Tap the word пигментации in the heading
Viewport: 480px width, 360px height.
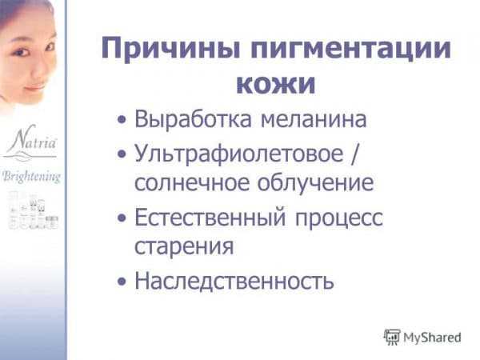point(351,49)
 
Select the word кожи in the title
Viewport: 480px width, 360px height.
point(276,83)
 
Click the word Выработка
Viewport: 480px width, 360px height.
point(193,119)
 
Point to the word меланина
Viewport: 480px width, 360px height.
point(314,119)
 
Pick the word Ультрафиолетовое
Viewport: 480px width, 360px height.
point(239,154)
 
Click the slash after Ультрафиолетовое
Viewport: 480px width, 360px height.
point(354,154)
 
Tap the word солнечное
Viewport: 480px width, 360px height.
point(192,182)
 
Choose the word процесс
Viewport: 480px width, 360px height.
point(339,219)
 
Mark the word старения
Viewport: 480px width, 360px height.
point(184,246)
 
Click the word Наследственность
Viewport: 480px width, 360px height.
point(234,282)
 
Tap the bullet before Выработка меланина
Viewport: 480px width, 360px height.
point(122,119)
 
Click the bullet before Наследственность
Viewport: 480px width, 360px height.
point(122,282)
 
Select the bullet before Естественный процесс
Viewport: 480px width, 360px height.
point(122,218)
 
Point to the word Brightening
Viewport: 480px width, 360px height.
point(31,178)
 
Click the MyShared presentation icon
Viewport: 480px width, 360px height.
point(392,338)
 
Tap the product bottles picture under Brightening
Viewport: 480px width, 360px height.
point(33,210)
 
